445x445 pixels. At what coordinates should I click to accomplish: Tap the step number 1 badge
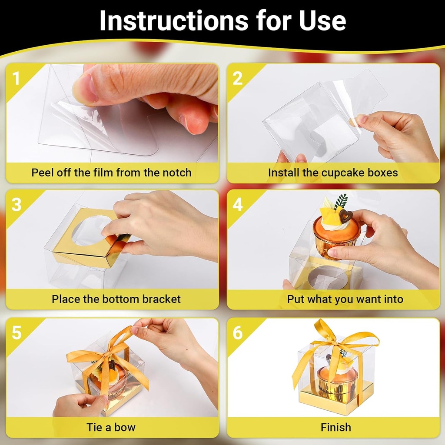click(x=16, y=79)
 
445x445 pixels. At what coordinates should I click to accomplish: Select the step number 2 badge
click(x=237, y=79)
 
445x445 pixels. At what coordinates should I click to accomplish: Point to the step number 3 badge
click(x=16, y=205)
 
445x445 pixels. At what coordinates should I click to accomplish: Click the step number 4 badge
click(x=237, y=205)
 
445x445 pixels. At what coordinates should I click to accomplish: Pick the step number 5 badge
click(x=16, y=333)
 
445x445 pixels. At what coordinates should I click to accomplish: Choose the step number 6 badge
click(x=237, y=333)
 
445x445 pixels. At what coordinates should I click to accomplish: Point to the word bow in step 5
click(x=125, y=427)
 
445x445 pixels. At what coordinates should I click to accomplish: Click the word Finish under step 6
click(x=335, y=427)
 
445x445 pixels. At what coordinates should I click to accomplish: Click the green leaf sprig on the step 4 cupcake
click(x=342, y=201)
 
